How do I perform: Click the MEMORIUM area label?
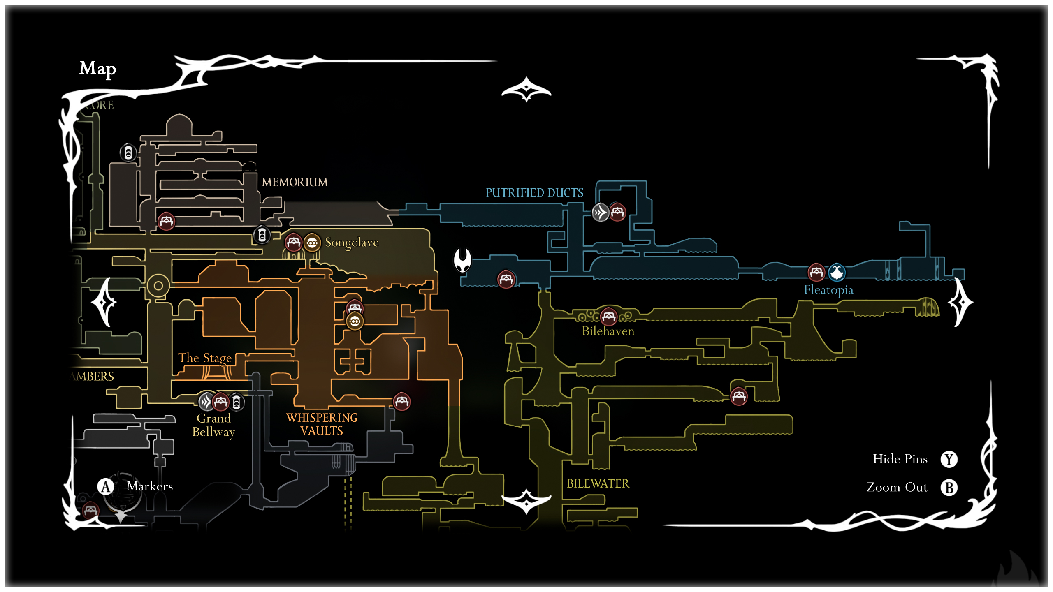click(295, 182)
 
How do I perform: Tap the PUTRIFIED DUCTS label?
click(534, 192)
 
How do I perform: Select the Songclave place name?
click(352, 243)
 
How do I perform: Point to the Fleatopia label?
click(828, 290)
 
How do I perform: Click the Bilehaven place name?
click(608, 331)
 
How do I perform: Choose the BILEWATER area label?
click(598, 483)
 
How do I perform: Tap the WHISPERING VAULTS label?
click(322, 424)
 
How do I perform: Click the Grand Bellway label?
click(213, 425)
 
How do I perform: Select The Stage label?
click(205, 358)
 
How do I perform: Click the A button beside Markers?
click(106, 486)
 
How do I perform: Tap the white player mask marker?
click(462, 260)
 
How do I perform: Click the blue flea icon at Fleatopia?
click(836, 272)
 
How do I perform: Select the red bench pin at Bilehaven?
click(608, 316)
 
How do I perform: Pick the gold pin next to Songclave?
click(312, 243)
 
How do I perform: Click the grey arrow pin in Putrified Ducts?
click(600, 213)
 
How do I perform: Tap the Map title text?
click(97, 69)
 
